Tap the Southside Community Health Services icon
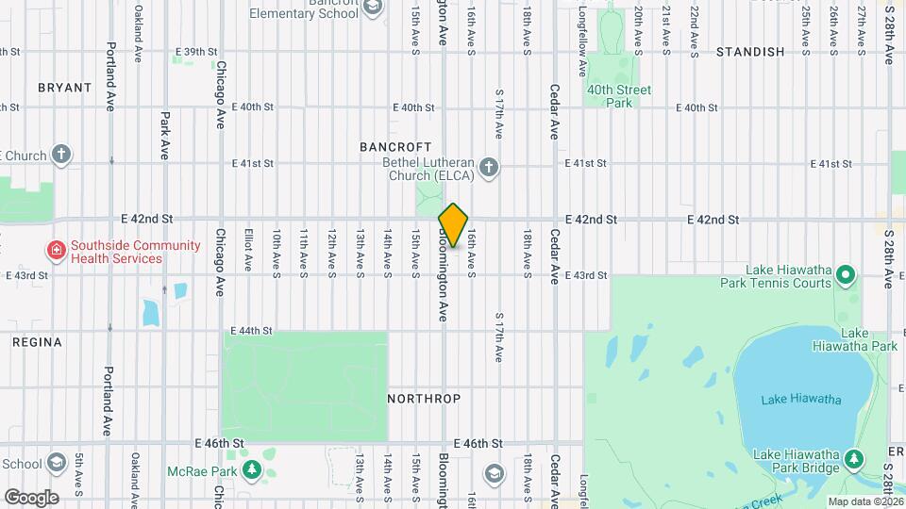[x=57, y=251]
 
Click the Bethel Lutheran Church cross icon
[x=488, y=169]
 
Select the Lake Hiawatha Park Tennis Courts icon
[x=847, y=276]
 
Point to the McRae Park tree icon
[x=251, y=468]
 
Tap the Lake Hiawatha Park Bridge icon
[x=853, y=459]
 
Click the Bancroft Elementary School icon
[x=373, y=8]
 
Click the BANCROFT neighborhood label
[x=395, y=147]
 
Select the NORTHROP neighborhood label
[x=424, y=399]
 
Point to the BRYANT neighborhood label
[x=65, y=88]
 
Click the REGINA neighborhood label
[x=38, y=342]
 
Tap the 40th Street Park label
[x=619, y=96]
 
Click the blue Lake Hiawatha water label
[x=801, y=400]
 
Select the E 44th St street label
[x=252, y=331]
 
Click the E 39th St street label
[x=196, y=52]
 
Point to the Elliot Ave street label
[x=248, y=252]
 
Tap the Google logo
[x=31, y=497]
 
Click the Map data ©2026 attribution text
[x=864, y=501]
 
